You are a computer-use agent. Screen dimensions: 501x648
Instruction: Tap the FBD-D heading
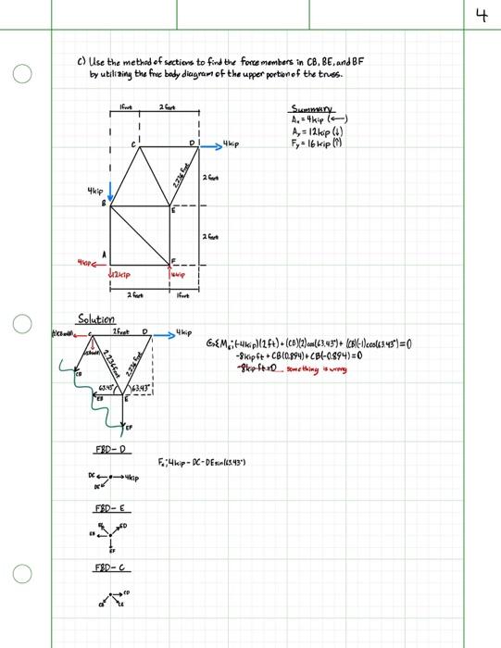110,450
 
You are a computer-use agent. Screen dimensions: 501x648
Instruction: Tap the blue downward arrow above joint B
111,191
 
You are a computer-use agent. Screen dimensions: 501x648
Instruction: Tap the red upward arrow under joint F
173,271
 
